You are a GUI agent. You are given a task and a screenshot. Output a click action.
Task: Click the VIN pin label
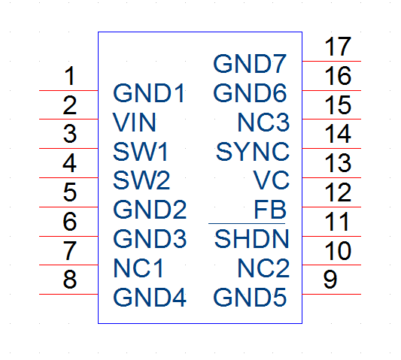(x=134, y=123)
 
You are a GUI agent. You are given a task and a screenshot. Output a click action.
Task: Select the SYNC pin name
(x=253, y=152)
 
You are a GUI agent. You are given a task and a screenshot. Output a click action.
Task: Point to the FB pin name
(x=270, y=210)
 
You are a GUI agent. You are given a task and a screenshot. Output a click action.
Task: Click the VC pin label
(x=271, y=180)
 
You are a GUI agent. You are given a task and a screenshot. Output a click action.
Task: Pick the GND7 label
(x=250, y=64)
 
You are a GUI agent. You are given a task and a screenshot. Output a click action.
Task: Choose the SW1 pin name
(x=140, y=152)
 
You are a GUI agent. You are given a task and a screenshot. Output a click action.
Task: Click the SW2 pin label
(x=141, y=180)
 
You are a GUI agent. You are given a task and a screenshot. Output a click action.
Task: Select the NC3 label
(x=263, y=123)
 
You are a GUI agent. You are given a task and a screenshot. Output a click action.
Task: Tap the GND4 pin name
(x=150, y=298)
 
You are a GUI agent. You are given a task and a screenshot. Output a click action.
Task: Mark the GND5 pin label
(x=250, y=298)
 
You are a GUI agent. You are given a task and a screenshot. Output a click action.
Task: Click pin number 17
(x=338, y=47)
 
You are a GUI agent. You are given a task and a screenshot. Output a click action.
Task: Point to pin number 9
(x=330, y=280)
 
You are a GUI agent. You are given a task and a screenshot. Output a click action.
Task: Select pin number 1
(x=70, y=76)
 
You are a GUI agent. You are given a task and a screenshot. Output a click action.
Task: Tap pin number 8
(x=69, y=280)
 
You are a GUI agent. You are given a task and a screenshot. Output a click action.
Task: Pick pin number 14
(x=338, y=134)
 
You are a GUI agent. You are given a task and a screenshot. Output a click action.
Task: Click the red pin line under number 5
(x=68, y=207)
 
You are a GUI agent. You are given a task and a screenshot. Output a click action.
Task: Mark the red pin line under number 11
(x=332, y=236)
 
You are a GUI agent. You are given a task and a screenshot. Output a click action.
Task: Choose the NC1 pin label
(x=138, y=268)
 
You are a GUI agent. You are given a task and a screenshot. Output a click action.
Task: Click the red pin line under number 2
(x=68, y=119)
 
